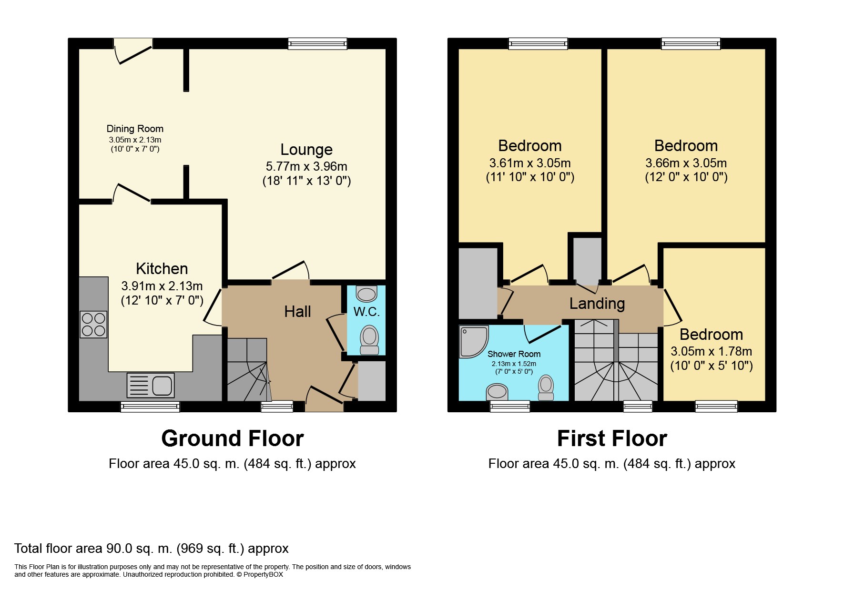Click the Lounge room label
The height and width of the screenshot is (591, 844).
tap(306, 150)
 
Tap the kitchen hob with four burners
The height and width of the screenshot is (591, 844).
tap(93, 324)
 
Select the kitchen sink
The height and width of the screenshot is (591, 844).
tap(151, 385)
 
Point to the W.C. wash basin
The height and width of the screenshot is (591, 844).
tap(366, 294)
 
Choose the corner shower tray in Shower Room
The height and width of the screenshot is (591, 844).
tap(473, 341)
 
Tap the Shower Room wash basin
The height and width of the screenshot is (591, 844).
tap(497, 392)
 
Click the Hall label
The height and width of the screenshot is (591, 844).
tap(297, 312)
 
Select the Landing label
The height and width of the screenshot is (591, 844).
tap(597, 304)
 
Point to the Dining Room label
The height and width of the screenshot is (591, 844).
tap(135, 129)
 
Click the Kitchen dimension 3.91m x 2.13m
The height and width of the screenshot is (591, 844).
tap(162, 286)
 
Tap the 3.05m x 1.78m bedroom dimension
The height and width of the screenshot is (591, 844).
tap(712, 352)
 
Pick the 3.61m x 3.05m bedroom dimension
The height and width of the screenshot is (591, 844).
tap(530, 163)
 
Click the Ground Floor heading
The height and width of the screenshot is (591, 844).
tap(233, 438)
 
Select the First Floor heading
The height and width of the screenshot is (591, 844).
tap(612, 438)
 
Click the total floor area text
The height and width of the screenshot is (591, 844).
tap(152, 549)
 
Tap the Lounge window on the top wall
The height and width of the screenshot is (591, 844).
tap(318, 44)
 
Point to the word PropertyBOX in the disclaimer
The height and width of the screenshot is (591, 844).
tap(263, 575)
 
